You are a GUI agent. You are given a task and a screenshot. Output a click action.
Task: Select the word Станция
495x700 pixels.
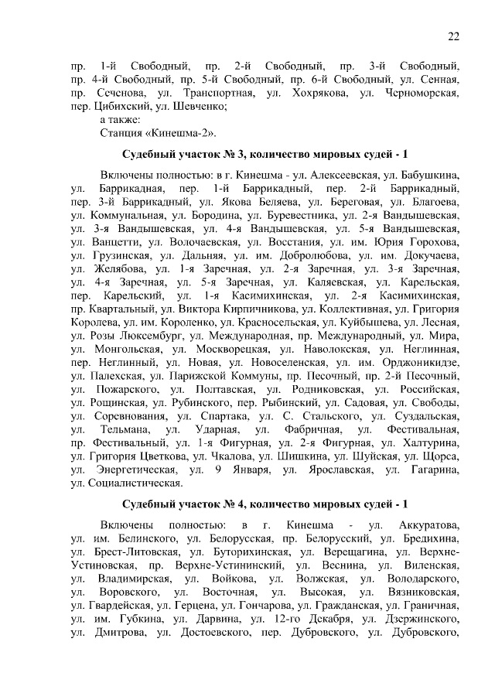121,133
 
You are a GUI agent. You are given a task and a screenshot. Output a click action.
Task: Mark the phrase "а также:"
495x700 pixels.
120,120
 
